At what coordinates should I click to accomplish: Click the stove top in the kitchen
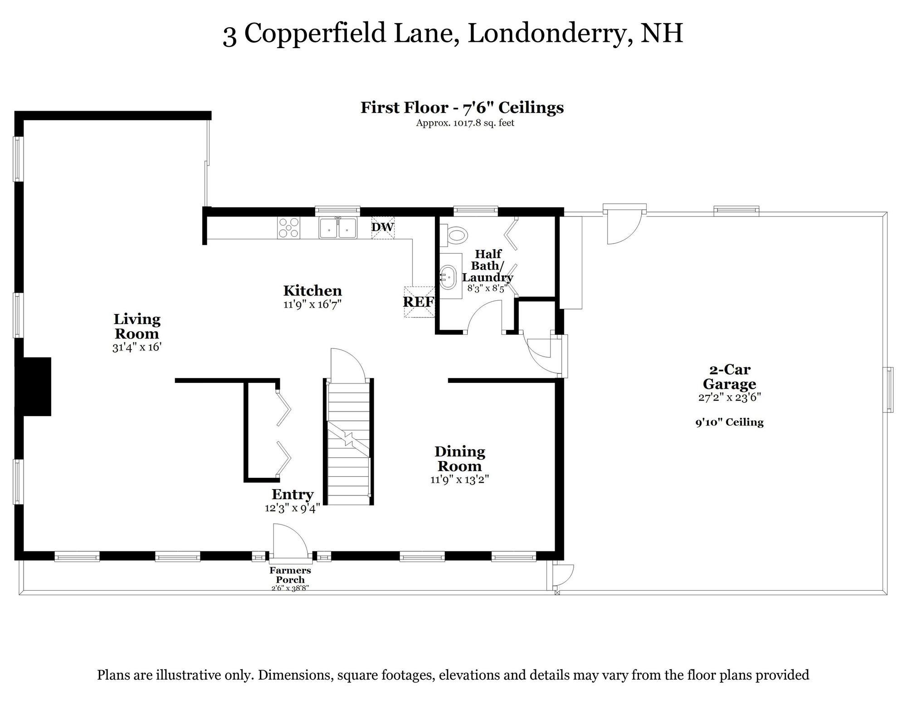coord(289,228)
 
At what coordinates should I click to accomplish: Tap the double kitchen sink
coord(338,228)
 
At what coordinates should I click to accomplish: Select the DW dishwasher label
coord(383,227)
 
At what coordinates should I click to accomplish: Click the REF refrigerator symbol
coord(419,301)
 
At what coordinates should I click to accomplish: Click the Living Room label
coord(137,326)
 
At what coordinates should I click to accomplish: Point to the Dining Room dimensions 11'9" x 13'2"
coord(459,479)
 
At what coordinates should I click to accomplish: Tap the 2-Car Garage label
coord(729,377)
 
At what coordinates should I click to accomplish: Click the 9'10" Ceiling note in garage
coord(729,422)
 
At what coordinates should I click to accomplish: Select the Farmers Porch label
coord(290,575)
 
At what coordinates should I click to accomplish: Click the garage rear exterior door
coord(624,227)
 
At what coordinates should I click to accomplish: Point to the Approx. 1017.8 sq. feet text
coord(465,123)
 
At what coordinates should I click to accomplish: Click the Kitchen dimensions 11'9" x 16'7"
coord(312,304)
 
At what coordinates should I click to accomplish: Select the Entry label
coord(293,494)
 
